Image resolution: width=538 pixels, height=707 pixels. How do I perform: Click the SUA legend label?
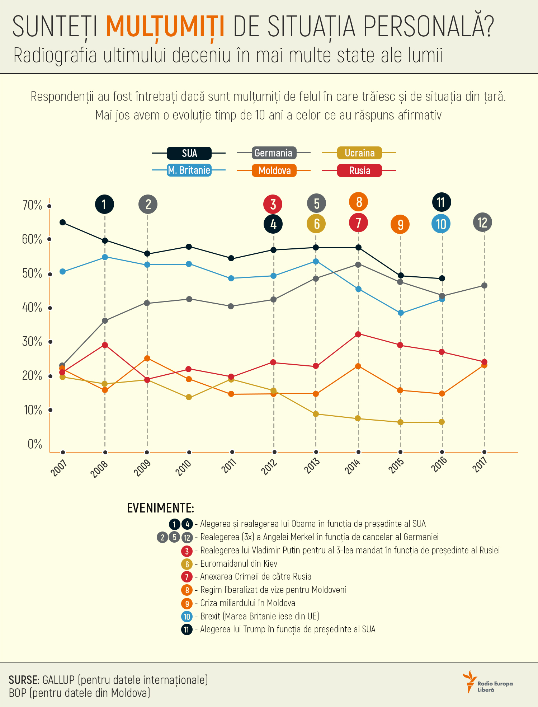189,153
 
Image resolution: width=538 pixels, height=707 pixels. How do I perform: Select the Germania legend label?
273,153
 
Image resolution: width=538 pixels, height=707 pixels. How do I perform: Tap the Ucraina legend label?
359,153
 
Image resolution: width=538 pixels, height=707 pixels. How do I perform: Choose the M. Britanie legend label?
189,170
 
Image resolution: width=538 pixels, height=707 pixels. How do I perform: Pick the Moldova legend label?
274,170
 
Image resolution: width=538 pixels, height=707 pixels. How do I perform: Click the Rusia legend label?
359,170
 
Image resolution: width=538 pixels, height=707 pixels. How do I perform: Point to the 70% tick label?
32,205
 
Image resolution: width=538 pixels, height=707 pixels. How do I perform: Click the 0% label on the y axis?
35,444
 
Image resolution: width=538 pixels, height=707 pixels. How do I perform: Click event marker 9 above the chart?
400,225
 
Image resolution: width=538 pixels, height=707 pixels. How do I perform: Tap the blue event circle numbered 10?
441,224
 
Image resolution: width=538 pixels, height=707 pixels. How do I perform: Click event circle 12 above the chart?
483,223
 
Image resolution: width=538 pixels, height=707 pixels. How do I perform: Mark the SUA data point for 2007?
62,223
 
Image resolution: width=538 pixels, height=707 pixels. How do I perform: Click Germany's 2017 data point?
484,286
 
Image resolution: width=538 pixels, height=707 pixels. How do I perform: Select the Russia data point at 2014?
358,334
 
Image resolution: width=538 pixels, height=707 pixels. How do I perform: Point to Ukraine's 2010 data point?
189,397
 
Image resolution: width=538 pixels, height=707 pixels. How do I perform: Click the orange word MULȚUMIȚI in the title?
165,26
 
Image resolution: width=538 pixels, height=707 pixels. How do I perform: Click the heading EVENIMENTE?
160,508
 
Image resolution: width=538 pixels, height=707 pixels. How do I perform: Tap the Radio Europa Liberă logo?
488,682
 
